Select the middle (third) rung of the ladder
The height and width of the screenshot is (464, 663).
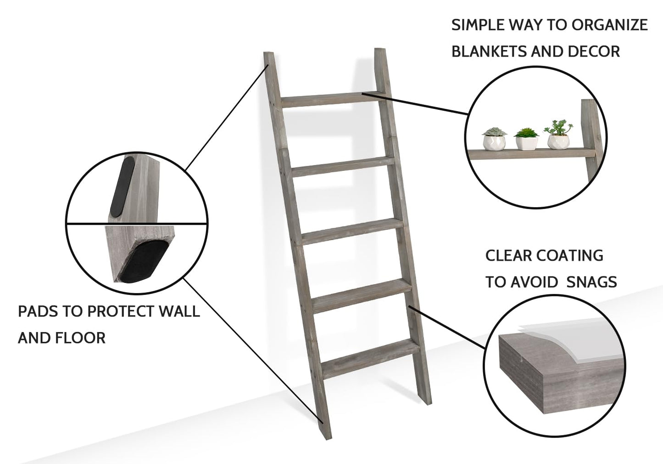[352, 232]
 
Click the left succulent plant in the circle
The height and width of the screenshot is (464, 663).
[494, 139]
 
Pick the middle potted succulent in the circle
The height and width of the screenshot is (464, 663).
[526, 139]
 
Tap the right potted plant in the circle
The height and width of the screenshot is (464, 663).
[558, 135]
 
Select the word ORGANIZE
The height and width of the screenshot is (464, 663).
[610, 25]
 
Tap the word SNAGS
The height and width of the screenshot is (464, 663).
[592, 282]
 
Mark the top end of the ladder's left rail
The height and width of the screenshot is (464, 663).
[269, 53]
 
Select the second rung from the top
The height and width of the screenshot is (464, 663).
[343, 166]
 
